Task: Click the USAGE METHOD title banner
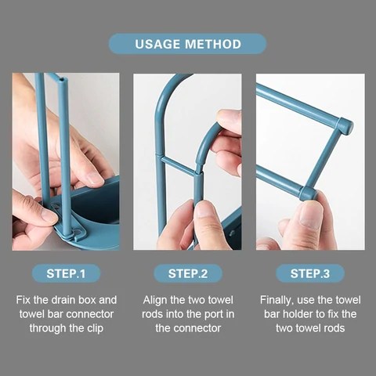187,44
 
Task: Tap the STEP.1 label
66,273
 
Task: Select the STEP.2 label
188,273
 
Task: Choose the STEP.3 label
310,273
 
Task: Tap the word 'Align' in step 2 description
157,300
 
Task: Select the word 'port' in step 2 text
209,314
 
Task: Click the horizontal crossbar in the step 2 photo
178,166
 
